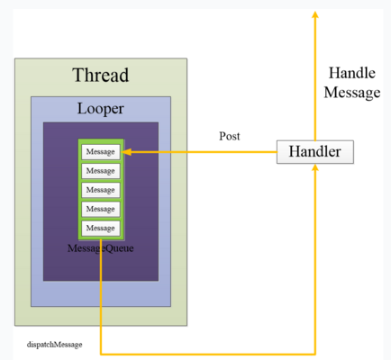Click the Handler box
315,152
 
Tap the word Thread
101,75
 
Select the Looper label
101,109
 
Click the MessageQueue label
101,248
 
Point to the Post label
230,136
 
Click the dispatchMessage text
55,345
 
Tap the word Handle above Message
352,73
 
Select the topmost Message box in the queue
101,152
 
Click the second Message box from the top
101,171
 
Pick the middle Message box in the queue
101,190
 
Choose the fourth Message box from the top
101,209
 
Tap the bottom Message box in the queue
101,228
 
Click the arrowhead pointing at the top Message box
126,152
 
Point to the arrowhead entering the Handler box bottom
315,167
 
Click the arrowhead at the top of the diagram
315,14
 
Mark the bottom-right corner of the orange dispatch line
315,355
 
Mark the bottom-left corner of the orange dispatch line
101,355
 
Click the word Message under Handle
352,93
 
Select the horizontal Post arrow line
199,152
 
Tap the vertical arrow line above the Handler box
315,76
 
